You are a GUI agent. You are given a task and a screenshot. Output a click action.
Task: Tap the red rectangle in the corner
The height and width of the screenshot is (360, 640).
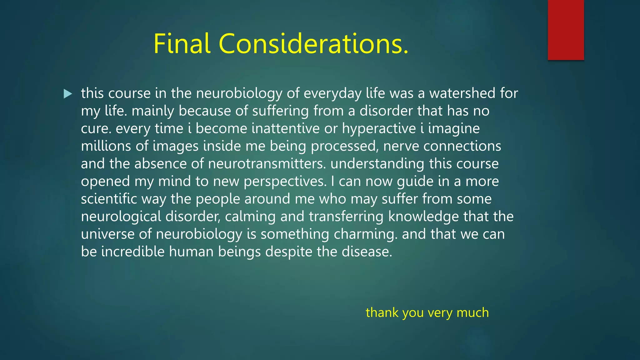pyautogui.click(x=566, y=30)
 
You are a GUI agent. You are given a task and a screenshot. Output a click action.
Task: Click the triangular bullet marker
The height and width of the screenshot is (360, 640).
pyautogui.click(x=67, y=94)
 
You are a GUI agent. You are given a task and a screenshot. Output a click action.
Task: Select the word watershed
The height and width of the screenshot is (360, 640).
pyautogui.click(x=462, y=93)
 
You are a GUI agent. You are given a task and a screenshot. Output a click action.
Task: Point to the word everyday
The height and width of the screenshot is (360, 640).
pyautogui.click(x=332, y=93)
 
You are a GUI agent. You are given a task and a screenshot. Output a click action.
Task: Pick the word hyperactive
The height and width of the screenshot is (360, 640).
pyautogui.click(x=379, y=128)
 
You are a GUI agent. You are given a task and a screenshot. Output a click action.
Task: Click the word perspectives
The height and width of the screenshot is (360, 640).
pyautogui.click(x=285, y=182)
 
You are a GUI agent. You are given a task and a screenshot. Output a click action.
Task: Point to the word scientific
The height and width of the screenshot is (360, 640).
pyautogui.click(x=109, y=199)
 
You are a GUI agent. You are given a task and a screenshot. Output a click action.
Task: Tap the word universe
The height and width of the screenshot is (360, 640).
pyautogui.click(x=107, y=234)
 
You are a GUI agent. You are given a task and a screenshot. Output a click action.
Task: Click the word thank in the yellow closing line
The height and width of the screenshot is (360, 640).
pyautogui.click(x=382, y=312)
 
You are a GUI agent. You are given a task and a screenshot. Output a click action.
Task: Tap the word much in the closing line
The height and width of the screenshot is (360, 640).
pyautogui.click(x=472, y=312)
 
